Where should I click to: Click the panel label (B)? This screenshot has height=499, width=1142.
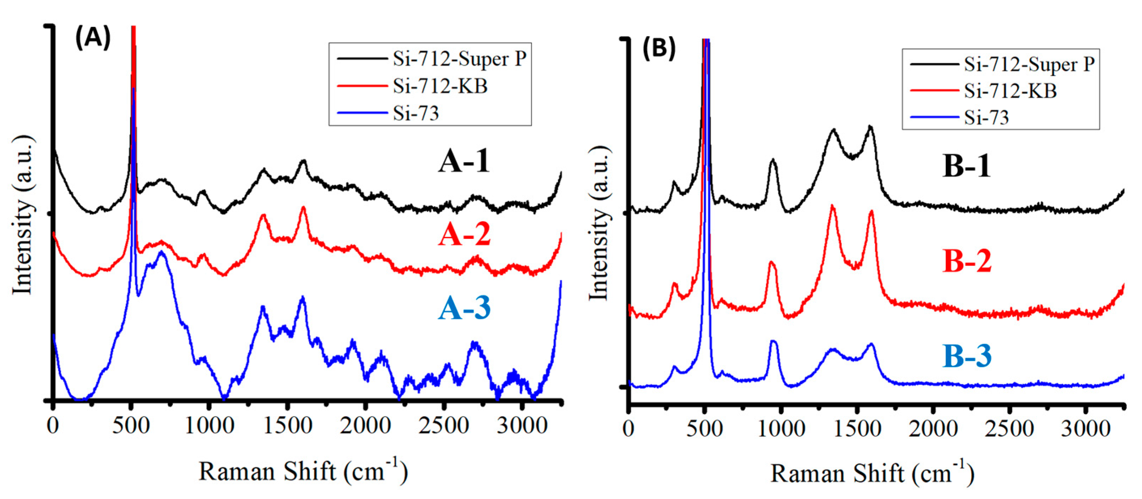pos(659,47)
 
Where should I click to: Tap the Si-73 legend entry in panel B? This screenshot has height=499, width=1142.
pos(986,117)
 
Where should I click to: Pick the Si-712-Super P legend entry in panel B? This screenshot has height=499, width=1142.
pos(1029,65)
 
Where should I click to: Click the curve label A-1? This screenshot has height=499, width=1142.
pos(464,161)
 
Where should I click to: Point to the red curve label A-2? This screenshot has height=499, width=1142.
pos(465,235)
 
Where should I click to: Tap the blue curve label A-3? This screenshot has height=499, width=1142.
pos(465,308)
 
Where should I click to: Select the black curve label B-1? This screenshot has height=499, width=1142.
pos(966,166)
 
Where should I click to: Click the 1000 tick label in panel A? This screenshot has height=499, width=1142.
pos(209,426)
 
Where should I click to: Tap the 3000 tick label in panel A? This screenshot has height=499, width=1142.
pos(522,426)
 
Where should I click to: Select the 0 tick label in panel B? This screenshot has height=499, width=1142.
pos(628,429)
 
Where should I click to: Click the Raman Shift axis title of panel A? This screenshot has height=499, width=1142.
pos(303,471)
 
